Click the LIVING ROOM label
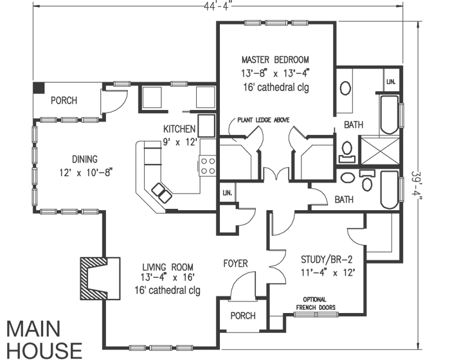(167, 266)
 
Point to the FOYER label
(235, 264)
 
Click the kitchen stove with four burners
(208, 166)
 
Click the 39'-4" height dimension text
(418, 187)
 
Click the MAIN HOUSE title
(44, 339)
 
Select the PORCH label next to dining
(64, 101)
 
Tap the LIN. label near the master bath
(390, 82)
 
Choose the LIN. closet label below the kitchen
(227, 193)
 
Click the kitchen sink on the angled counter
(160, 192)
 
